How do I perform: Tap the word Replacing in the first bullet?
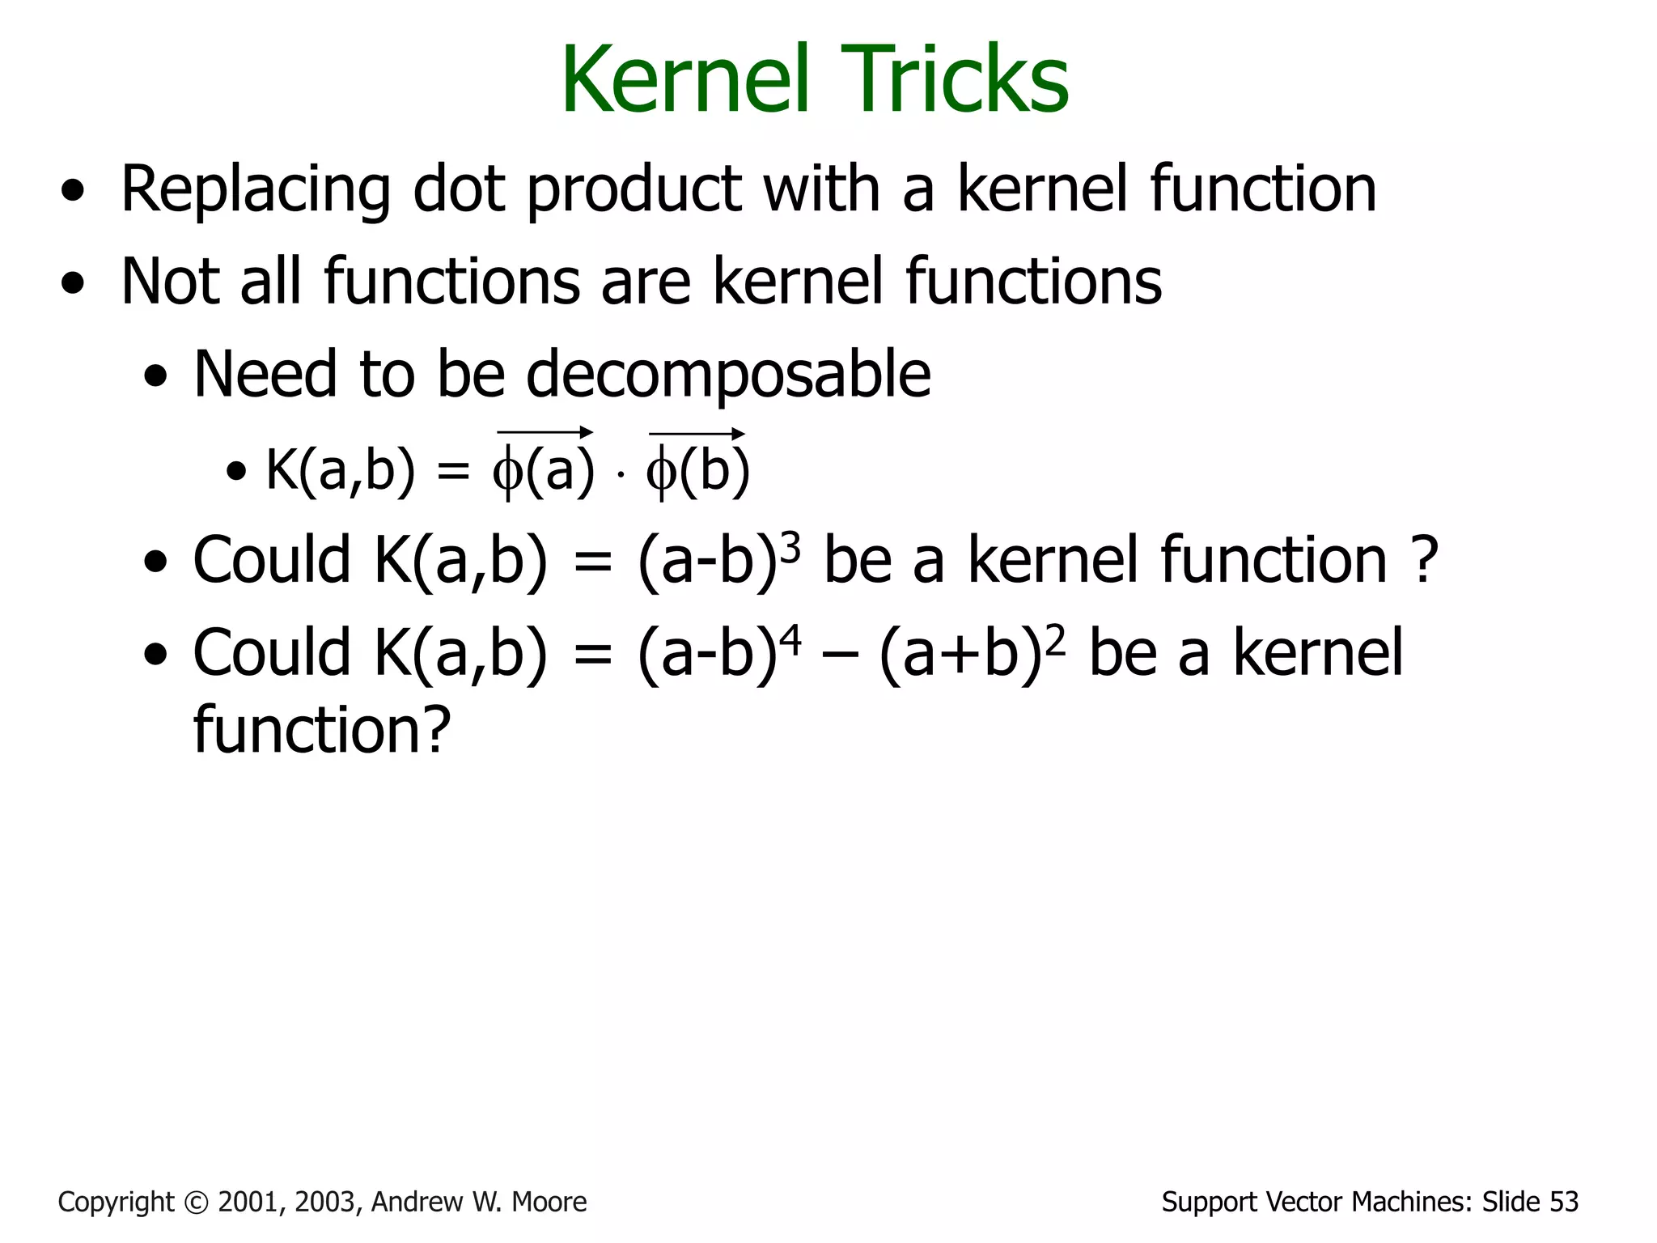click(256, 189)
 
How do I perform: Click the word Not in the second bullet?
click(170, 282)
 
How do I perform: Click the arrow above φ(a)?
click(545, 432)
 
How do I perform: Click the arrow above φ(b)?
click(697, 433)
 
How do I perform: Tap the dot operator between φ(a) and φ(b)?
click(621, 474)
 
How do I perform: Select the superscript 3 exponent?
click(791, 548)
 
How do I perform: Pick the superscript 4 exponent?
click(790, 640)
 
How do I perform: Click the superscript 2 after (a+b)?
click(1055, 640)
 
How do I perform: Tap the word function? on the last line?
click(321, 730)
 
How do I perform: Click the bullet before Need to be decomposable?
click(155, 376)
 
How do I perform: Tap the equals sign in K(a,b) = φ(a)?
click(453, 471)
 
